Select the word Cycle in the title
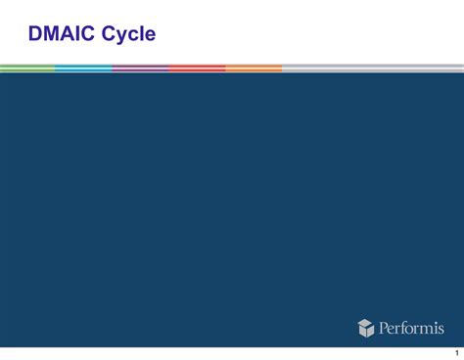[x=129, y=35]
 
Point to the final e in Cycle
[x=150, y=37]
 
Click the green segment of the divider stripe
[x=27, y=68]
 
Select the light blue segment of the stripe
[x=83, y=68]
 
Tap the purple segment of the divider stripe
[x=140, y=68]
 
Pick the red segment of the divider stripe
[x=197, y=68]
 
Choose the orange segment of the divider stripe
[x=254, y=68]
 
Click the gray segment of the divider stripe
[x=372, y=68]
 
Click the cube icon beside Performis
[x=366, y=328]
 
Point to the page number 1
[x=455, y=353]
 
